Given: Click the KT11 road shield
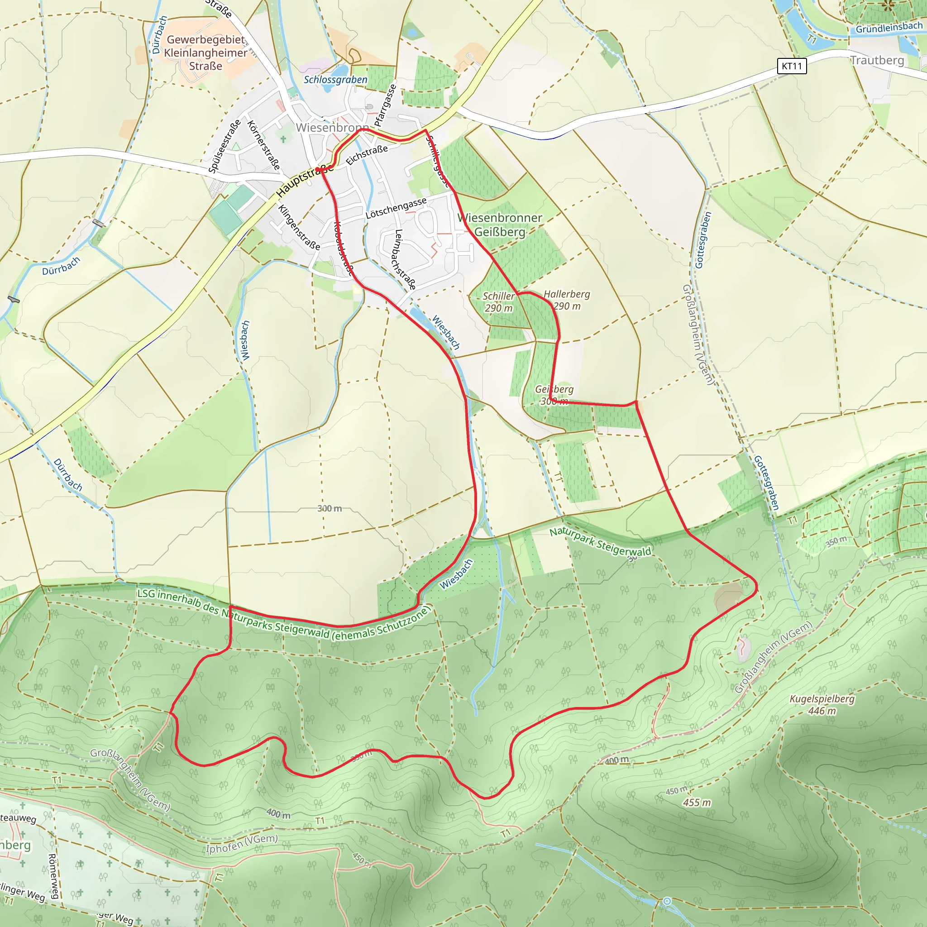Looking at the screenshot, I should [x=791, y=66].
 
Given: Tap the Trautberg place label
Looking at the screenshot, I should [x=877, y=61].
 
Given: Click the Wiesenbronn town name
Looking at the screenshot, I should [x=332, y=128].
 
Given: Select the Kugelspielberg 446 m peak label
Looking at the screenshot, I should [x=822, y=704].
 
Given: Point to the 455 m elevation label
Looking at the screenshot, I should [x=697, y=802].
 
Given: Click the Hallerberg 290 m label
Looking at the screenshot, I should [x=567, y=300].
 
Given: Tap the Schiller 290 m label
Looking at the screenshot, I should [x=498, y=302].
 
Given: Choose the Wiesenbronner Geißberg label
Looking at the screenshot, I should [x=500, y=225].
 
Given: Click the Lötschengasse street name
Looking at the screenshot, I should [x=396, y=208].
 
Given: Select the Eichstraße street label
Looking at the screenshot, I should [x=367, y=155].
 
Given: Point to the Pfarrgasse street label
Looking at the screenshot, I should [x=385, y=105].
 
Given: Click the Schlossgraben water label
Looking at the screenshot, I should [x=335, y=80].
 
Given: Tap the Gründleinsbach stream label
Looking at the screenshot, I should [x=889, y=28].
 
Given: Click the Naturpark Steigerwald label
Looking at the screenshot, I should [x=600, y=541].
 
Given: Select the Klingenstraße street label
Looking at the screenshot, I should [x=299, y=227].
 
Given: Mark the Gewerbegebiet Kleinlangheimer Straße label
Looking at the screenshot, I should [x=206, y=53].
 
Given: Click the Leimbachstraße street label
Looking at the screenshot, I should [x=405, y=259].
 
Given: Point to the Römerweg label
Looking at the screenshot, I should [x=53, y=876].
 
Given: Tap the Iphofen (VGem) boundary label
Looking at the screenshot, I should [x=242, y=844].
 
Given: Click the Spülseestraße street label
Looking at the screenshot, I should [x=224, y=146].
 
